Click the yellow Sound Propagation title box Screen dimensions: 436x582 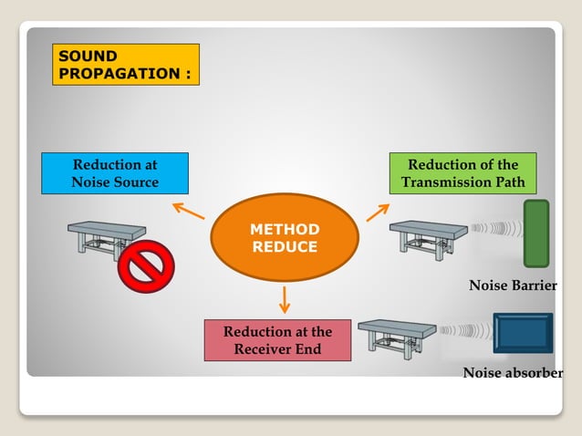126,64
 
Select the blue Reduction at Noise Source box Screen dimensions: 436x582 115,173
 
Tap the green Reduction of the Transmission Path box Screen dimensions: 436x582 462,173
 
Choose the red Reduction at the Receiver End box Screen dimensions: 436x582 277,340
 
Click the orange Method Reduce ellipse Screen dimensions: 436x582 285,238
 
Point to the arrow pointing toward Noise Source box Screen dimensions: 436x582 189,211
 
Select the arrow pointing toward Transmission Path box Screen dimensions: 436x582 378,213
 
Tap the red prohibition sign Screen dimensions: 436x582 146,265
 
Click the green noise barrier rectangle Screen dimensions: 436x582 536,234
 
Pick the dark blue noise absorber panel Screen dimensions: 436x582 523,333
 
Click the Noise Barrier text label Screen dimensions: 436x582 513,286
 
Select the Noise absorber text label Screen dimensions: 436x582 513,373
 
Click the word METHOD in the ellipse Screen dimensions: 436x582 285,229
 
